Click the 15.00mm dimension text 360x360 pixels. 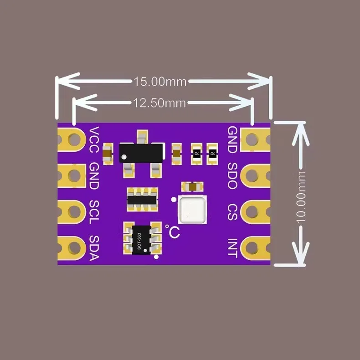pyautogui.click(x=160, y=82)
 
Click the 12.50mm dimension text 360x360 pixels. pyautogui.click(x=159, y=103)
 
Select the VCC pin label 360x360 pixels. pyautogui.click(x=94, y=139)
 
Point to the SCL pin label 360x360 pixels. pyautogui.click(x=94, y=212)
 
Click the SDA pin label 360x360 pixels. pyautogui.click(x=94, y=248)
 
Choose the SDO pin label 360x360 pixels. pyautogui.click(x=232, y=176)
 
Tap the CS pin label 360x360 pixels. pyautogui.click(x=232, y=212)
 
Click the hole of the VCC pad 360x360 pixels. pyautogui.click(x=75, y=139)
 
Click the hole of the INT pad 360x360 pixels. pyautogui.click(x=252, y=248)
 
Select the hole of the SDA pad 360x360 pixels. pyautogui.click(x=75, y=248)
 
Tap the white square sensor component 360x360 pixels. pyautogui.click(x=192, y=210)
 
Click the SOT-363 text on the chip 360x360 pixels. pyautogui.click(x=139, y=242)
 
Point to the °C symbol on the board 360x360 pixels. pyautogui.click(x=172, y=231)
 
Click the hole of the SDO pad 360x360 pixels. pyautogui.click(x=252, y=175)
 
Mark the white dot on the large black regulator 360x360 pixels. pyautogui.click(x=124, y=157)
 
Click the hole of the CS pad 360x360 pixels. pyautogui.click(x=252, y=212)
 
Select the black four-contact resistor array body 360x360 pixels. pyautogui.click(x=142, y=200)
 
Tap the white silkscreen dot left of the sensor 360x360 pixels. pyautogui.click(x=174, y=200)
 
